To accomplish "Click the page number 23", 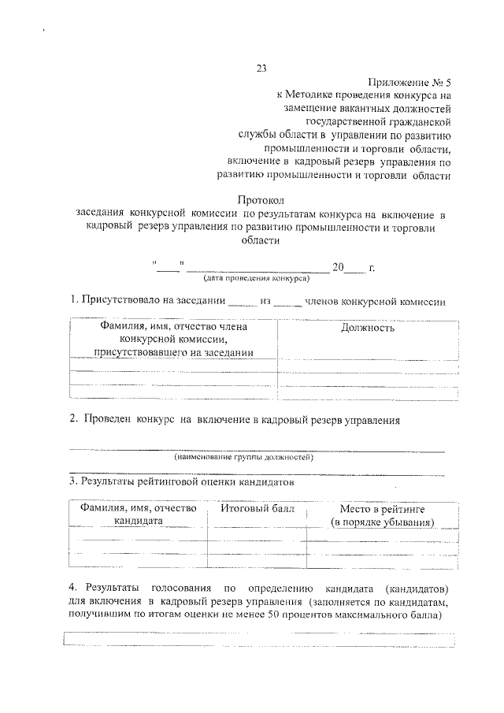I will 262,67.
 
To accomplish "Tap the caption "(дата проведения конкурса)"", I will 256,278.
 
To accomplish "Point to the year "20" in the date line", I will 339,267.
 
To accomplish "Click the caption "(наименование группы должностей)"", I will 244,457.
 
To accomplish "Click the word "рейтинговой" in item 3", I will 174,480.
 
